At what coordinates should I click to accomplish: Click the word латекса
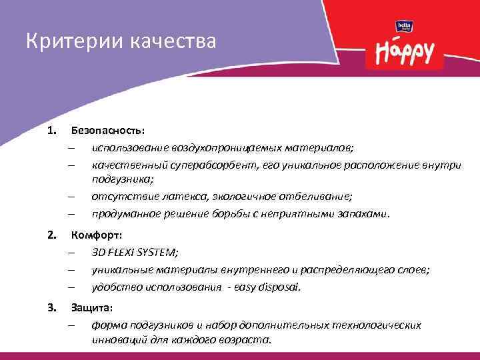171,197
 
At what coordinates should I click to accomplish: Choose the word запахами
363,214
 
